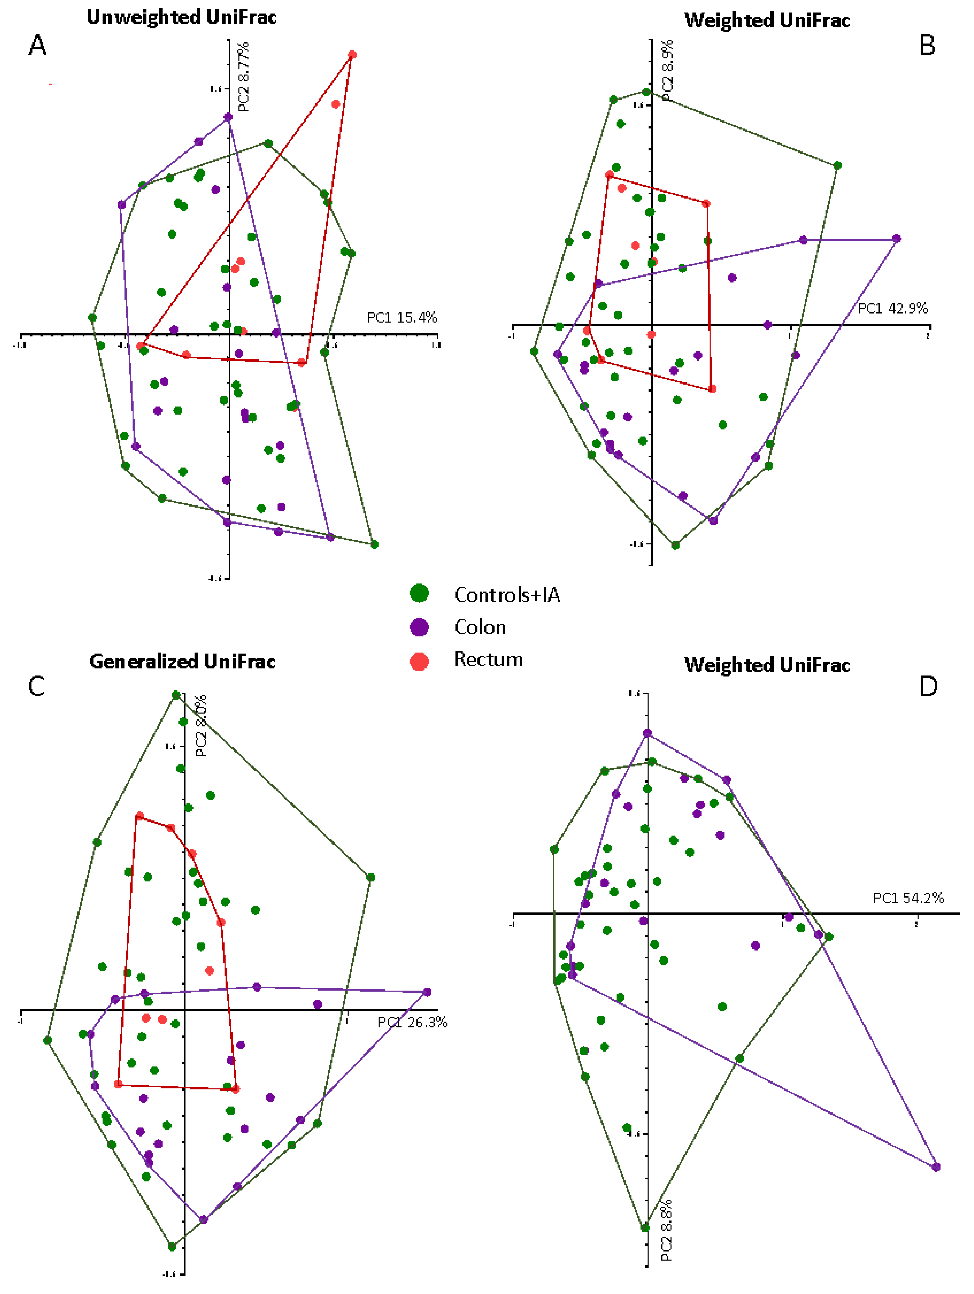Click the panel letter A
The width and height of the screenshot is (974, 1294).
click(38, 45)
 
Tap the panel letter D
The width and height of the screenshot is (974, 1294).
click(928, 686)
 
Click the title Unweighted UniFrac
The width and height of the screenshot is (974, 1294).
click(181, 17)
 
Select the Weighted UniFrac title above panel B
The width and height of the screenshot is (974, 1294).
click(767, 20)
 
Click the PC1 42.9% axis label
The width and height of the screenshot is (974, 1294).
click(893, 308)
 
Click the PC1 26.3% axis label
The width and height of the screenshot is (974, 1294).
click(412, 1022)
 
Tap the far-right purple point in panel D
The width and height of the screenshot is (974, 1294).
click(936, 1167)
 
